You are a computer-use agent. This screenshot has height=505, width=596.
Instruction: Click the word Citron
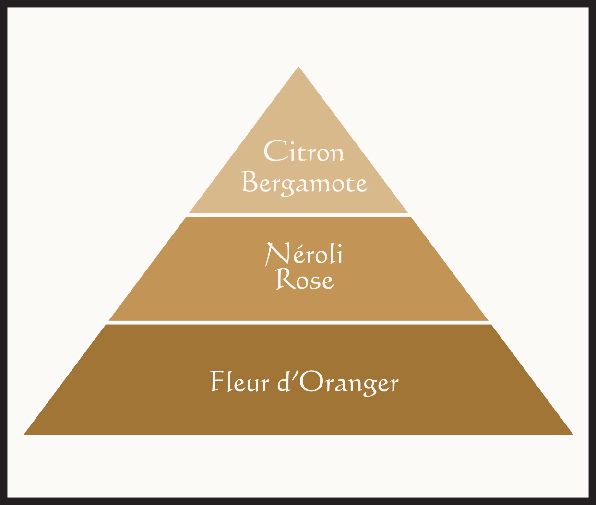point(304,151)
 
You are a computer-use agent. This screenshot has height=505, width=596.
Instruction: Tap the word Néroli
point(304,254)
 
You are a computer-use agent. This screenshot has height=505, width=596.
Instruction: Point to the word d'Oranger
point(338,383)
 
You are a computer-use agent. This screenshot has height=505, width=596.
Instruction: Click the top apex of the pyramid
point(298,67)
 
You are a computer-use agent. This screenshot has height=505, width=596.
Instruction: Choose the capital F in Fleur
point(218,381)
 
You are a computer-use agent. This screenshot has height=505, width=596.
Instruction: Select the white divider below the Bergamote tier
point(298,215)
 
